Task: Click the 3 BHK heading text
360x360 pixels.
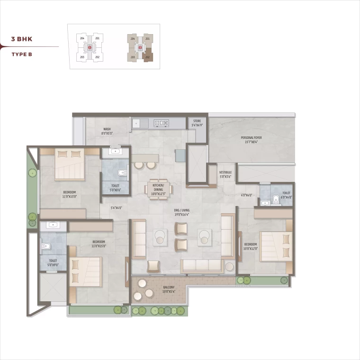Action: tap(22, 39)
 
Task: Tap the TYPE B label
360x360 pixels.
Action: tap(22, 54)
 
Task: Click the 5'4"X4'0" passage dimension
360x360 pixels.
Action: tap(116, 207)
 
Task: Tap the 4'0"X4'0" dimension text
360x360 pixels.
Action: tap(246, 195)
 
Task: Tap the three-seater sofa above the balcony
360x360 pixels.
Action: tap(202, 265)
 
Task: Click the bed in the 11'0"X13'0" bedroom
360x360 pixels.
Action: tap(70, 164)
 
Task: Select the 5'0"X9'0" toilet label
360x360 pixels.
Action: tap(53, 262)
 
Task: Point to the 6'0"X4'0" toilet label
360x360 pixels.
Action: tap(286, 195)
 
